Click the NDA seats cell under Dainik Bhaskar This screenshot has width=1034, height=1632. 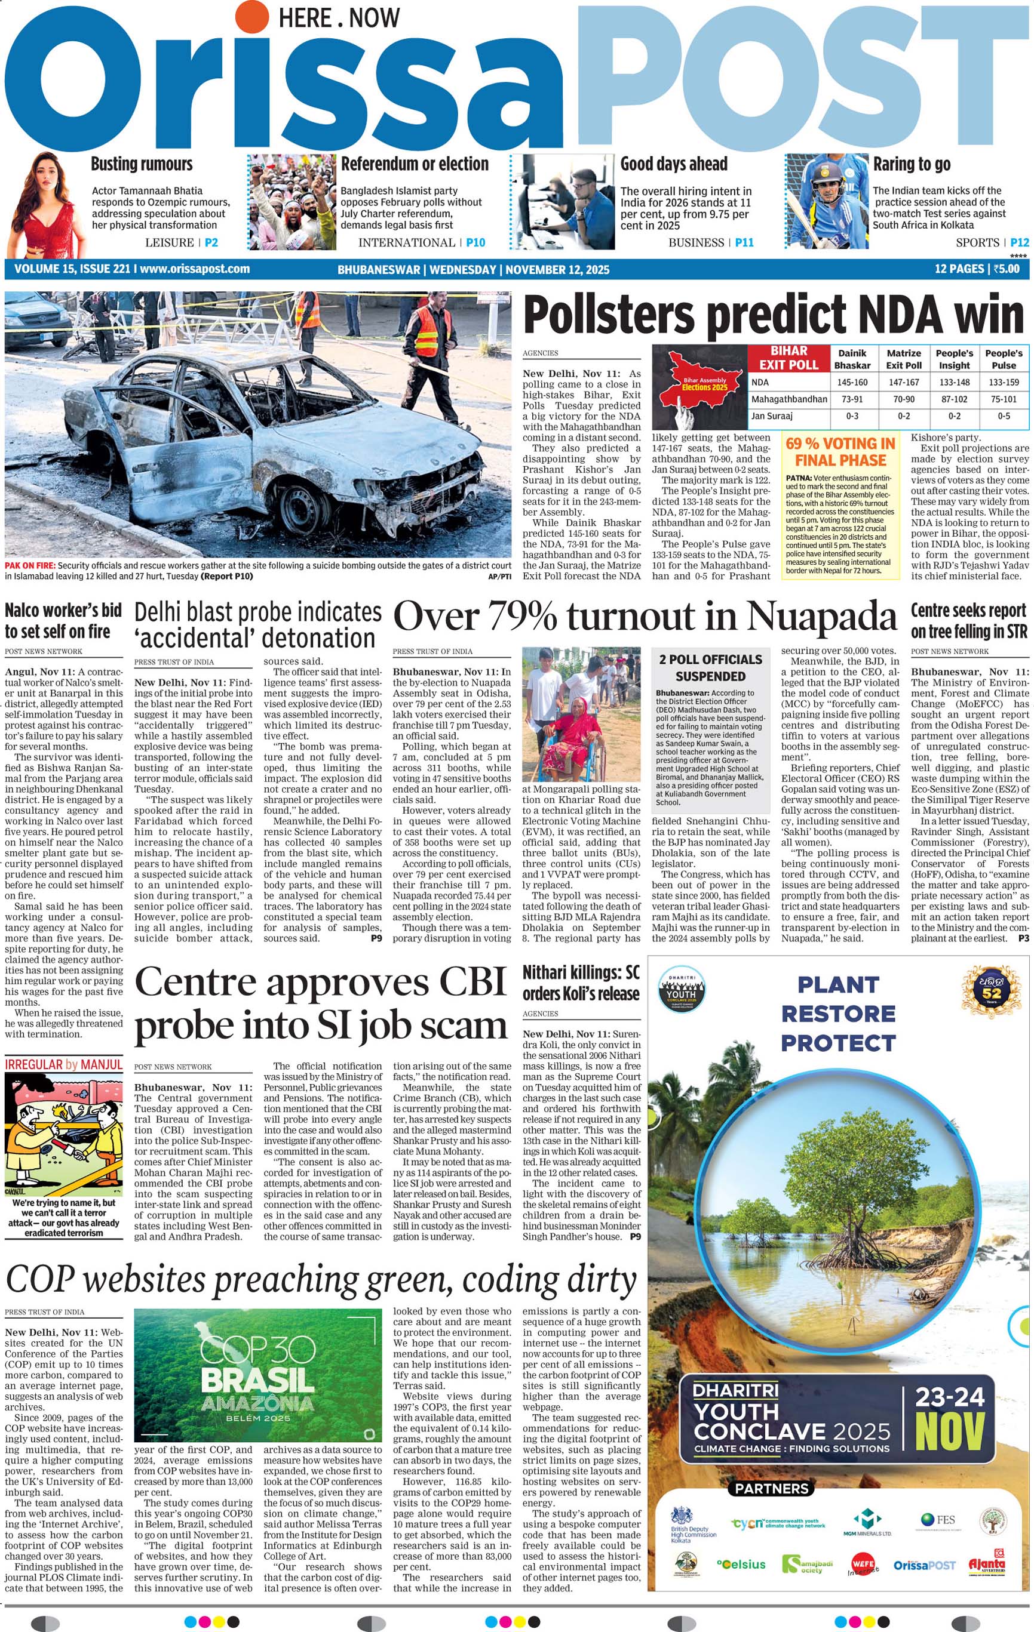(x=852, y=382)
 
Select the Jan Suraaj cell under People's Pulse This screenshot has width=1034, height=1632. (x=1004, y=416)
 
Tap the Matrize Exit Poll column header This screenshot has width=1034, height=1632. (x=903, y=359)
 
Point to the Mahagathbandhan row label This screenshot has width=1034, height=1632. (x=788, y=399)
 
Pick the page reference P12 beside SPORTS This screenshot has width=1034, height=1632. (x=1019, y=242)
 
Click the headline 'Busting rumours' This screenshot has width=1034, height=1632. (x=141, y=164)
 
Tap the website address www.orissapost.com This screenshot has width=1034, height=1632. (x=195, y=269)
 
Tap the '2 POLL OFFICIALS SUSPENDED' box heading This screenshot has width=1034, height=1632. (x=711, y=667)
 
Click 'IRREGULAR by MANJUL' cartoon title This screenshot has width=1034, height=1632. (x=64, y=1065)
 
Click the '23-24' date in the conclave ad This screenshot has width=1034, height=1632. (x=949, y=1397)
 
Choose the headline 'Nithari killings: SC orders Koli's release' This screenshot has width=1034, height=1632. (x=581, y=983)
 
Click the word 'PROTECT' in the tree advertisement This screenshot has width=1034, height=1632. (x=838, y=1043)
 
